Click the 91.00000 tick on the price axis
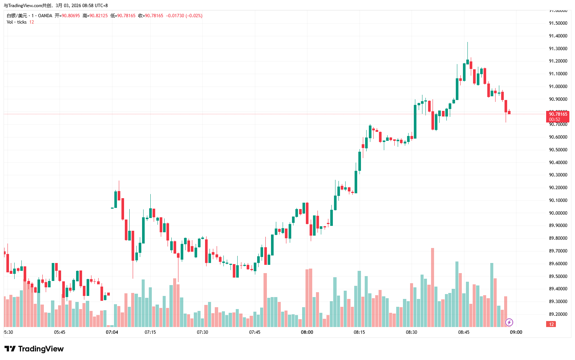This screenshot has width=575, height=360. (x=558, y=87)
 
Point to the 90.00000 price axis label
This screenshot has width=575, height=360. (x=558, y=213)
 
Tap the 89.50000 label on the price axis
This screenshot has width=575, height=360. (x=558, y=276)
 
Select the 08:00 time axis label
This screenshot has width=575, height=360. (x=307, y=332)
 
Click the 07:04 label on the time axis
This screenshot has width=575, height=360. (x=112, y=332)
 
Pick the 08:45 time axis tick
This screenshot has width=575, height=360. (x=464, y=332)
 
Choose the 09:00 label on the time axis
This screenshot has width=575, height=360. (x=516, y=332)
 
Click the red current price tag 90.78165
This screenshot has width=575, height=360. (x=558, y=114)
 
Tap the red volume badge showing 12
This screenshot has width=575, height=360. (x=551, y=324)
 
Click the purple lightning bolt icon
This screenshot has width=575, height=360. (x=509, y=322)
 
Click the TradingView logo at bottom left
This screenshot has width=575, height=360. (x=34, y=349)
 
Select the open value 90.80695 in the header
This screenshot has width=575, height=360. (x=71, y=16)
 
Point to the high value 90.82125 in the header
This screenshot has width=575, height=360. (x=98, y=16)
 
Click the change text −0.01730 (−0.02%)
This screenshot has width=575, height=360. (x=184, y=16)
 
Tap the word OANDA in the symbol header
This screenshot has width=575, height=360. (x=45, y=16)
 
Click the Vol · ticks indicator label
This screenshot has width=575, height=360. (x=16, y=22)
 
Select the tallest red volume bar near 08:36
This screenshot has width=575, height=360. (x=433, y=287)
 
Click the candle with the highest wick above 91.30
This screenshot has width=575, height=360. (x=467, y=62)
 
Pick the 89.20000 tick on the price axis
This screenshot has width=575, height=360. (x=558, y=314)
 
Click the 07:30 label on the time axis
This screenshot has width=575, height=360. (x=202, y=332)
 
